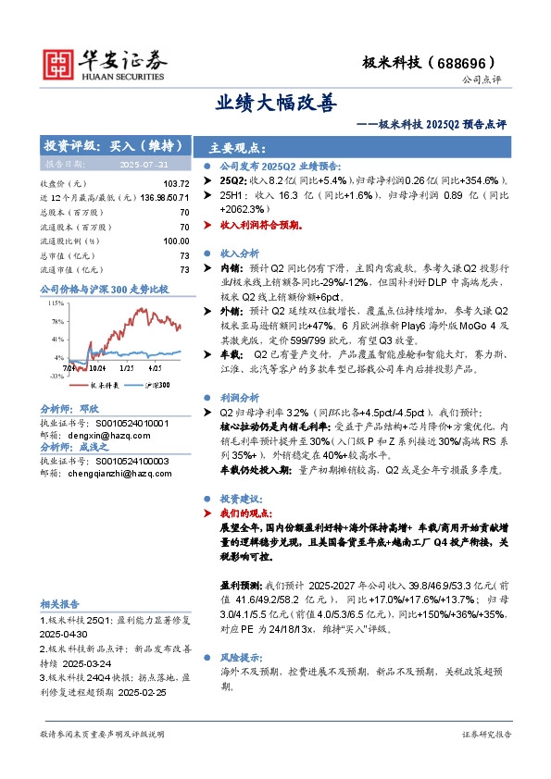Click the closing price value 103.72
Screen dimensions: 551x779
175,184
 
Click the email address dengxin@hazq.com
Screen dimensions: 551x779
106,434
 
